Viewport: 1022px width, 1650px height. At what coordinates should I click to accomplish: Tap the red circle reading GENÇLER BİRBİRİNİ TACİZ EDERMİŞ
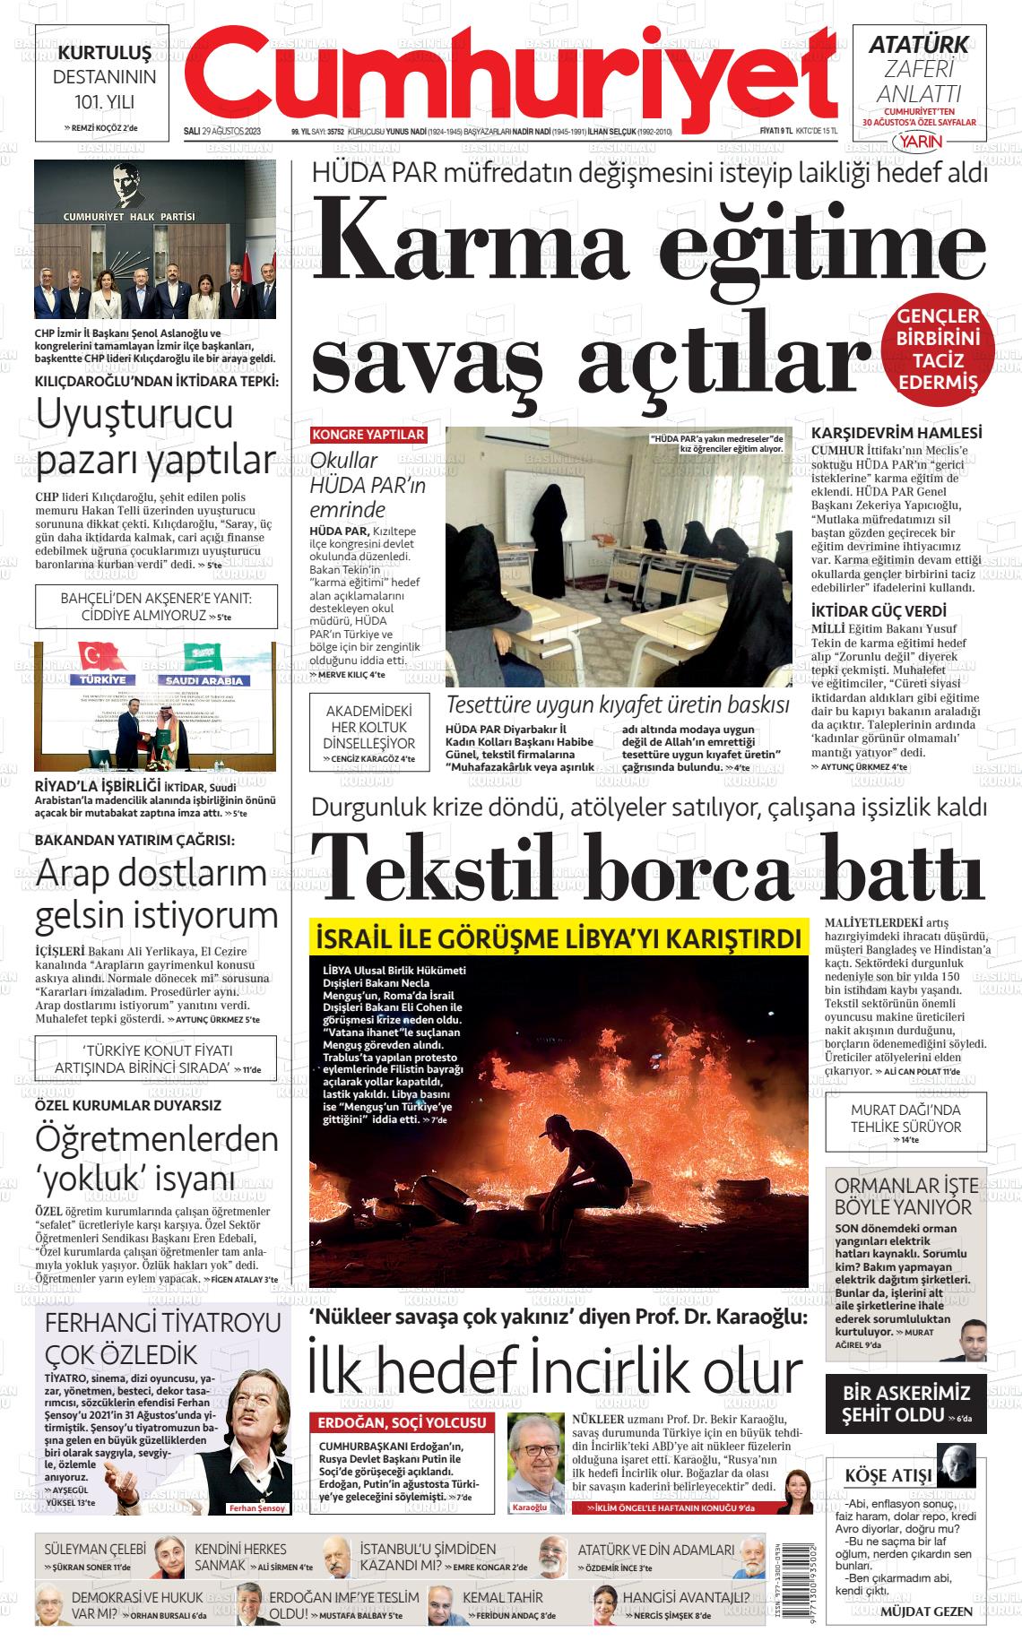(x=938, y=350)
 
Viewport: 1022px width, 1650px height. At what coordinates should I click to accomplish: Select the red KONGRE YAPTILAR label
(x=368, y=435)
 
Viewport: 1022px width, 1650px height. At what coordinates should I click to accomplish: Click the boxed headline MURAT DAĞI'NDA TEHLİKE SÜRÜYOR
(x=905, y=1120)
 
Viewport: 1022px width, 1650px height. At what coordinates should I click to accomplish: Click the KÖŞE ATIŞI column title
(x=888, y=1474)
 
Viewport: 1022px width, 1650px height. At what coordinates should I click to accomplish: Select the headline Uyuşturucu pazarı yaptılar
(x=155, y=436)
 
